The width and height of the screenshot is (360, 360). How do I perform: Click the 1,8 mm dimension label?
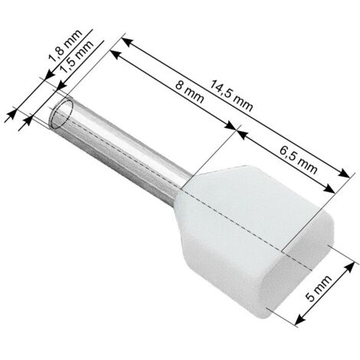pyautogui.click(x=65, y=46)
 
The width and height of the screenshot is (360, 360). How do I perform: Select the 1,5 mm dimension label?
pyautogui.click(x=77, y=57)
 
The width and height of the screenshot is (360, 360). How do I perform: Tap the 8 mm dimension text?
pyautogui.click(x=190, y=92)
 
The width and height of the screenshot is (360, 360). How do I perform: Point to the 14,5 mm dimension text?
pyautogui.click(x=231, y=96)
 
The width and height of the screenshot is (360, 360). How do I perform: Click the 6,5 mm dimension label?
pyautogui.click(x=298, y=160)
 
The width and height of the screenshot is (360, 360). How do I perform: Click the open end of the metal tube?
pyautogui.click(x=60, y=113)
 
